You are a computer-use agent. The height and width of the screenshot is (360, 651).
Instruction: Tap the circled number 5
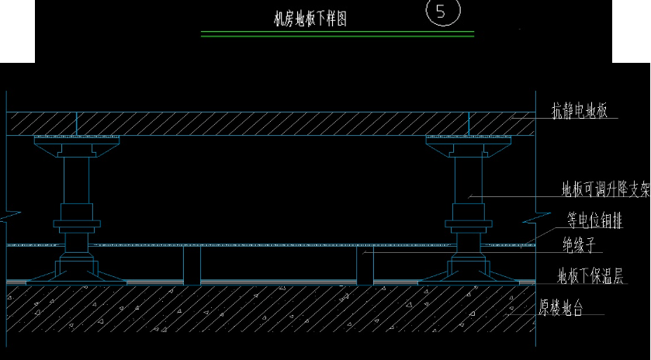(443, 12)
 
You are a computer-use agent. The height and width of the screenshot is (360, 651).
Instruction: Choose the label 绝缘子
(579, 247)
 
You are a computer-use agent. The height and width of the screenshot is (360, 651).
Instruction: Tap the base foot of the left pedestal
(77, 272)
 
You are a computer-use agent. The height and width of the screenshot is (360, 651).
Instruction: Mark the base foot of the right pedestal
(469, 272)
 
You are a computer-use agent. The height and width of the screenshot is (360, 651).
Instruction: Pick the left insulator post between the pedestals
(192, 265)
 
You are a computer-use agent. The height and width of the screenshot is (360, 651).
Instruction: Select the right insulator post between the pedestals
(365, 265)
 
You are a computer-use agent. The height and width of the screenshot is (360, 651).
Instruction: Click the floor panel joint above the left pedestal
(77, 123)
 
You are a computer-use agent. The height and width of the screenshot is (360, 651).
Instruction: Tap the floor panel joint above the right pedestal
(469, 123)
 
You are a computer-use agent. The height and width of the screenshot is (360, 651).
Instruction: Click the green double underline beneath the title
(337, 34)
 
